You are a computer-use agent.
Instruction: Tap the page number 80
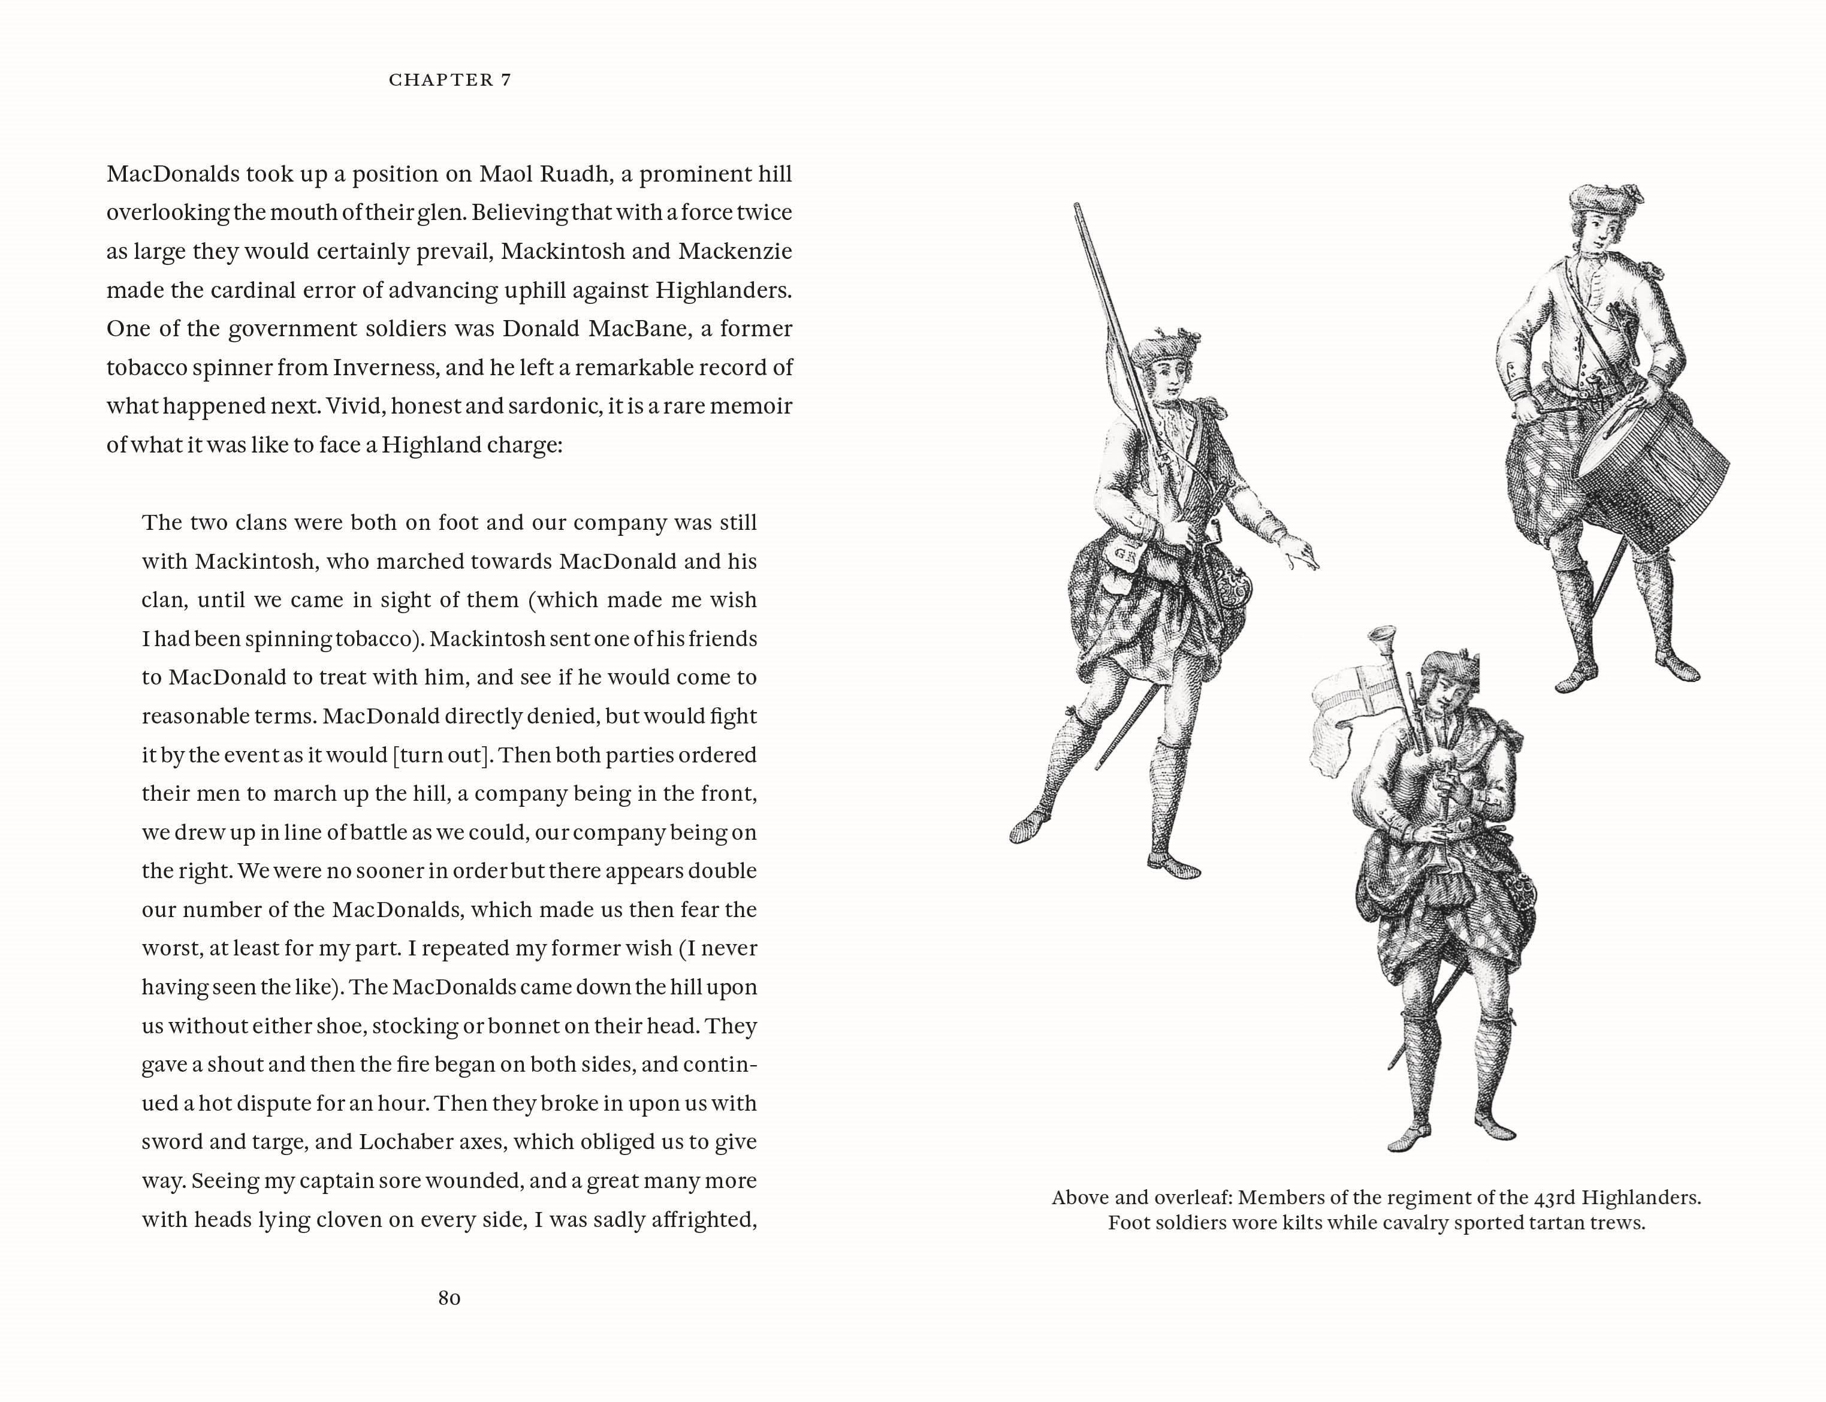[449, 1298]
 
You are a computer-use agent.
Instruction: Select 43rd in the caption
[1555, 1198]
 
